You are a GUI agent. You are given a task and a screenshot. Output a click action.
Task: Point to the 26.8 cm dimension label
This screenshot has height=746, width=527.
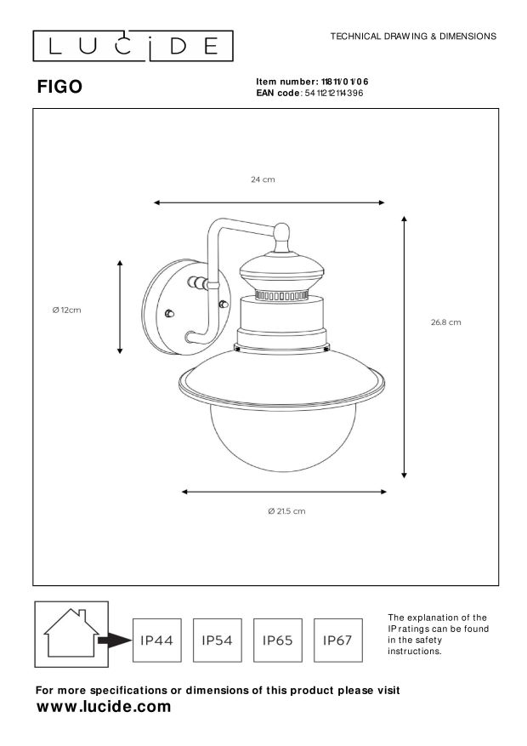(x=445, y=322)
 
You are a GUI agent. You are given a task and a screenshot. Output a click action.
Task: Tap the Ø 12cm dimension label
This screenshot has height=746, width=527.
(x=67, y=310)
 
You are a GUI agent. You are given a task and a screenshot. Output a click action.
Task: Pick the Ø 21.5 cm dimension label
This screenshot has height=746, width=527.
(x=286, y=511)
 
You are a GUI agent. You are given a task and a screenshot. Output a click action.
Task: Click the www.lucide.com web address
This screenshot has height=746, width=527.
(x=104, y=707)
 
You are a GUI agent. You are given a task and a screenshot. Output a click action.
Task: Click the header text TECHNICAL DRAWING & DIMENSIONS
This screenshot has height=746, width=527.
(x=412, y=37)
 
